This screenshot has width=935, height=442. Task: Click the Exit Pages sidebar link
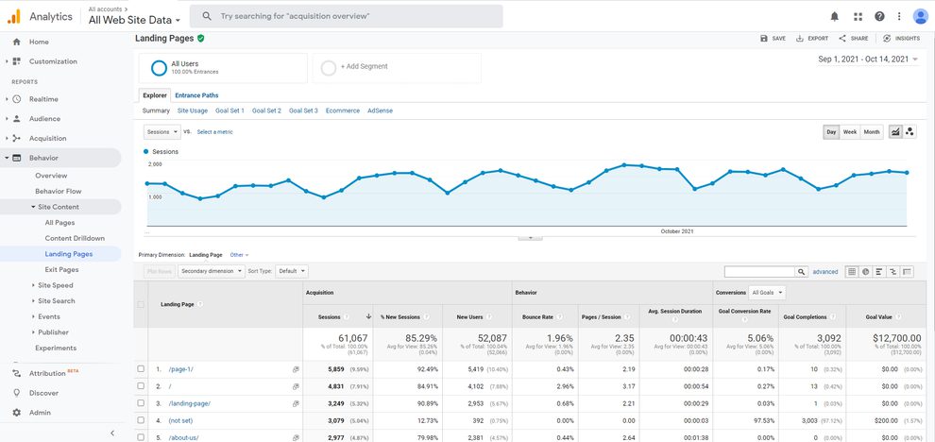pos(61,269)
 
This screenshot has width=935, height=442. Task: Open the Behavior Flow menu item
pos(58,191)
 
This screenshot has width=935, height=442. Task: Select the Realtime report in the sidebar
pos(43,99)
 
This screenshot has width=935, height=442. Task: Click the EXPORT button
pos(812,39)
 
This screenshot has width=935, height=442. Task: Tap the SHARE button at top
pos(853,39)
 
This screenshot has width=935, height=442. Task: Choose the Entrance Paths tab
pos(196,95)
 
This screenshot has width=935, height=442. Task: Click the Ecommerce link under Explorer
pos(342,110)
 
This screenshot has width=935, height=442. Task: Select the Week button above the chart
pos(850,132)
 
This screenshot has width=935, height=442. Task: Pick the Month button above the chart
pos(871,132)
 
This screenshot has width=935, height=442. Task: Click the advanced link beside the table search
pos(824,272)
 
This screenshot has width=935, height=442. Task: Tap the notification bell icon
pos(834,16)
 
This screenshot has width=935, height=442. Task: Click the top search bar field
pos(346,16)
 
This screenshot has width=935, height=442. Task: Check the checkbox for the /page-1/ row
pos(141,368)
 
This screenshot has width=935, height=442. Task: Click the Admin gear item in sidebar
pos(40,413)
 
